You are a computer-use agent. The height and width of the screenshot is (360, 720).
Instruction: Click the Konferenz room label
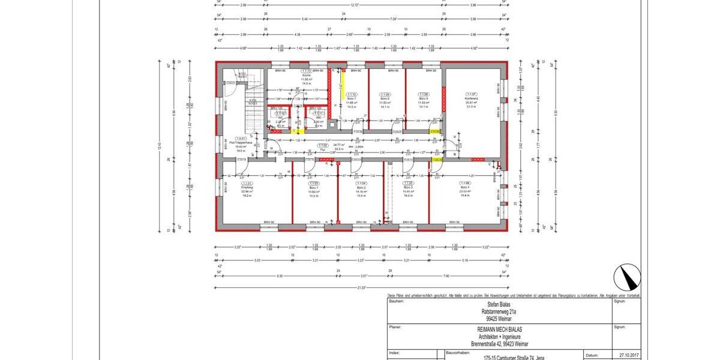pyautogui.click(x=470, y=98)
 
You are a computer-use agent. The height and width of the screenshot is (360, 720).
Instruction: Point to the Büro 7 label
pyautogui.click(x=352, y=98)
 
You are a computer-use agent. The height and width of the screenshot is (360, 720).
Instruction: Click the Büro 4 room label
pyautogui.click(x=464, y=187)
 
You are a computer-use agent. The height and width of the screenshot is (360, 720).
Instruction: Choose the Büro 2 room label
pyautogui.click(x=361, y=187)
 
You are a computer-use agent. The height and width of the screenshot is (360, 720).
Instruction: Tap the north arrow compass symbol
pyautogui.click(x=627, y=278)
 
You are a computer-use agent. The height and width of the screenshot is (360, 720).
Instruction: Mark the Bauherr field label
pyautogui.click(x=397, y=302)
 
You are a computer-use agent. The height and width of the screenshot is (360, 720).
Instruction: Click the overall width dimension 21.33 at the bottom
pyautogui.click(x=361, y=288)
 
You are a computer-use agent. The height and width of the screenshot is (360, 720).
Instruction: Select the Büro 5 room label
pyautogui.click(x=424, y=98)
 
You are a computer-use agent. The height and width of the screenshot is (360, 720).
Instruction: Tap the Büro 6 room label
pyautogui.click(x=385, y=98)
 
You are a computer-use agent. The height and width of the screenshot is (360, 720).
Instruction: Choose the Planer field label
pyautogui.click(x=395, y=328)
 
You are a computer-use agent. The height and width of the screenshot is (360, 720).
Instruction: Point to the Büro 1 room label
pyautogui.click(x=313, y=187)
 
